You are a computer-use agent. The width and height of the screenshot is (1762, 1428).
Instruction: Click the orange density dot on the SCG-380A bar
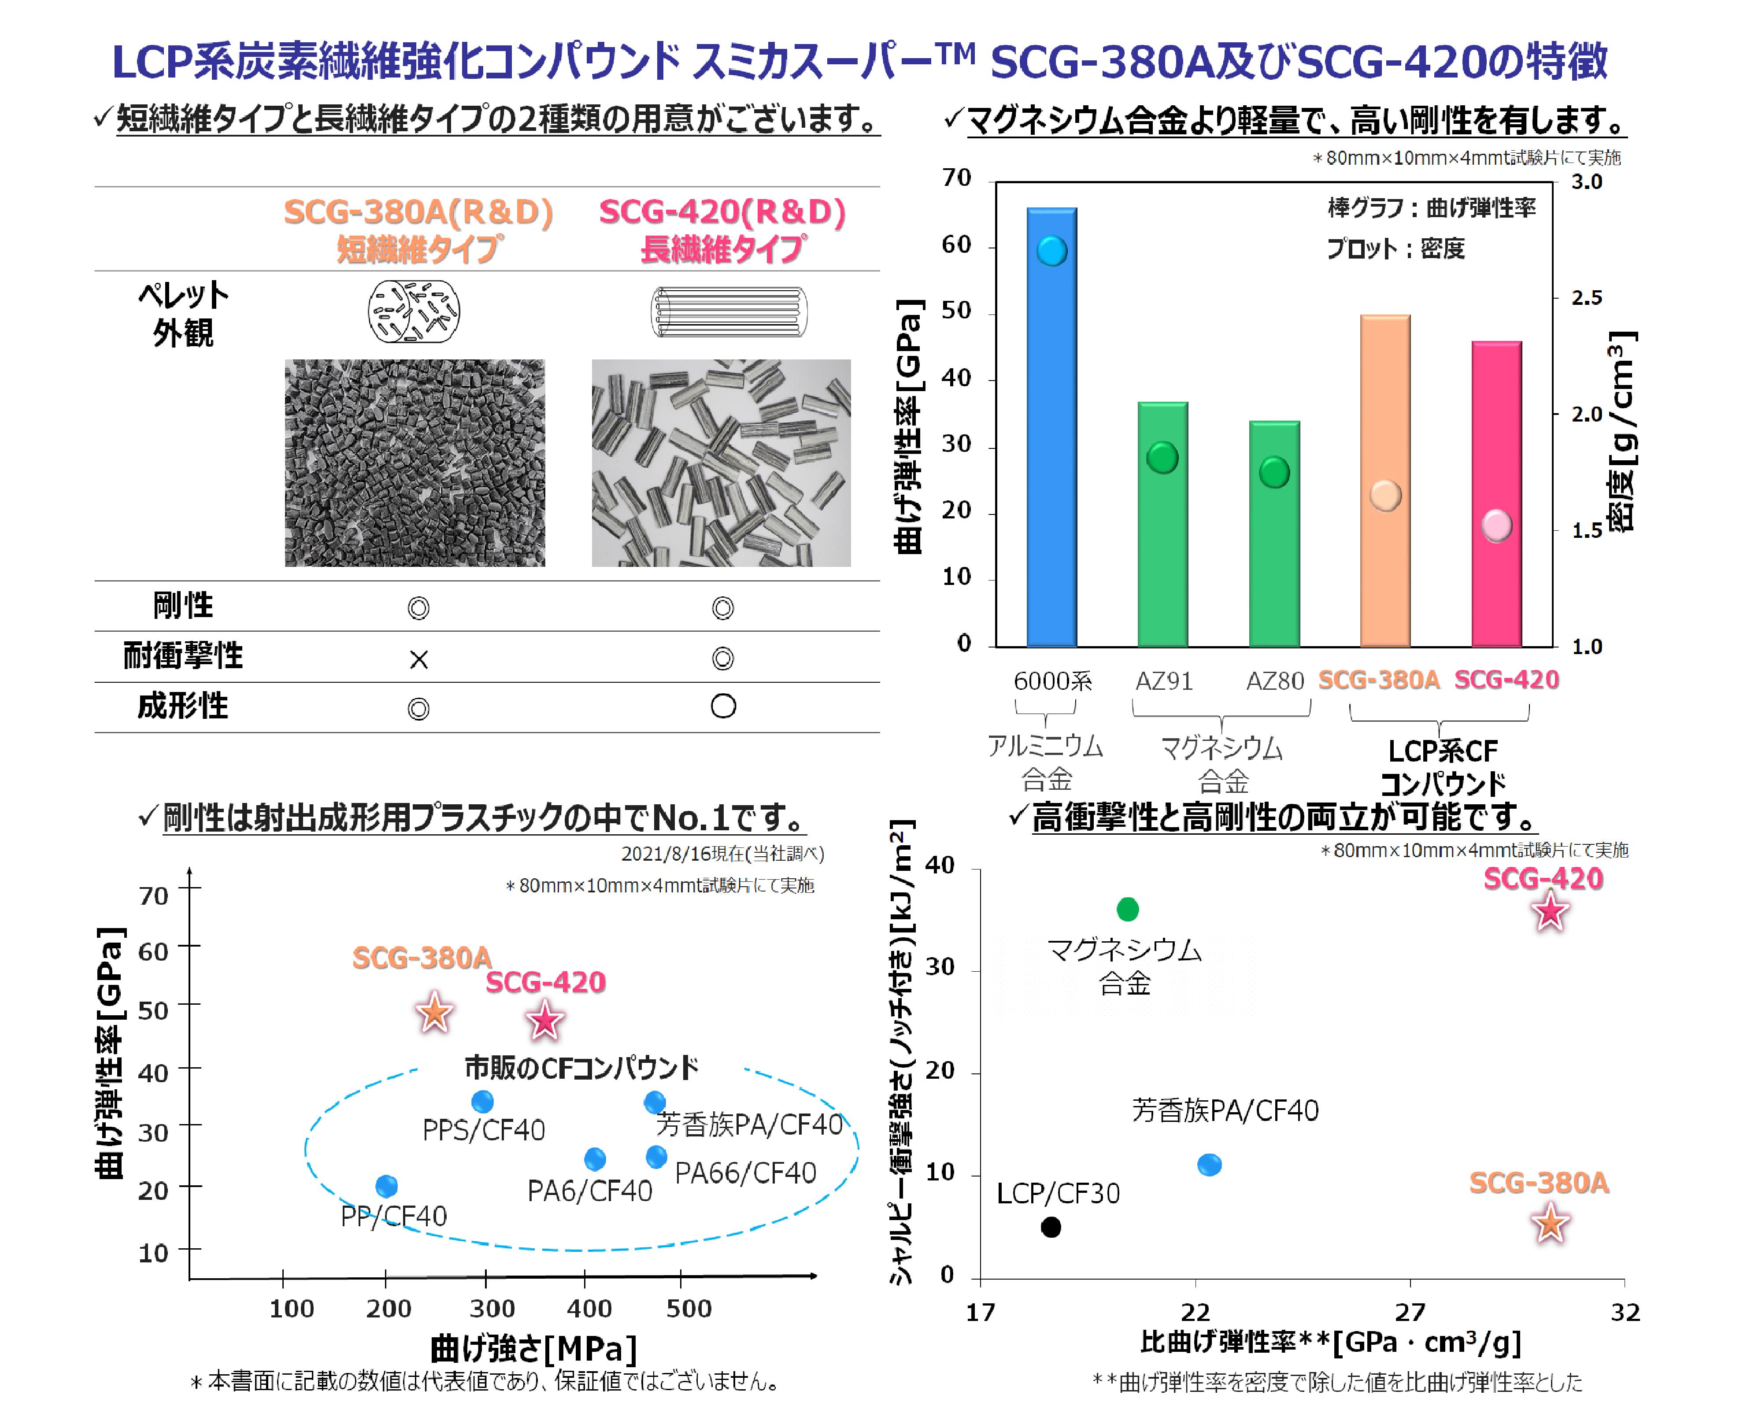click(1385, 495)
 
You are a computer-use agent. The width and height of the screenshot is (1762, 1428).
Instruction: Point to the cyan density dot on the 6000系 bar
click(1051, 251)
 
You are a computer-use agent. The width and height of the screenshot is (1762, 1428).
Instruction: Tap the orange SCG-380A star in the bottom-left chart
click(434, 1013)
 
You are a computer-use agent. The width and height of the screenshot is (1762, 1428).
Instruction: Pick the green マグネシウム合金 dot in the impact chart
click(1127, 910)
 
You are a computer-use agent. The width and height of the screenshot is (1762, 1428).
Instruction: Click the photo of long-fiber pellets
click(721, 462)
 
